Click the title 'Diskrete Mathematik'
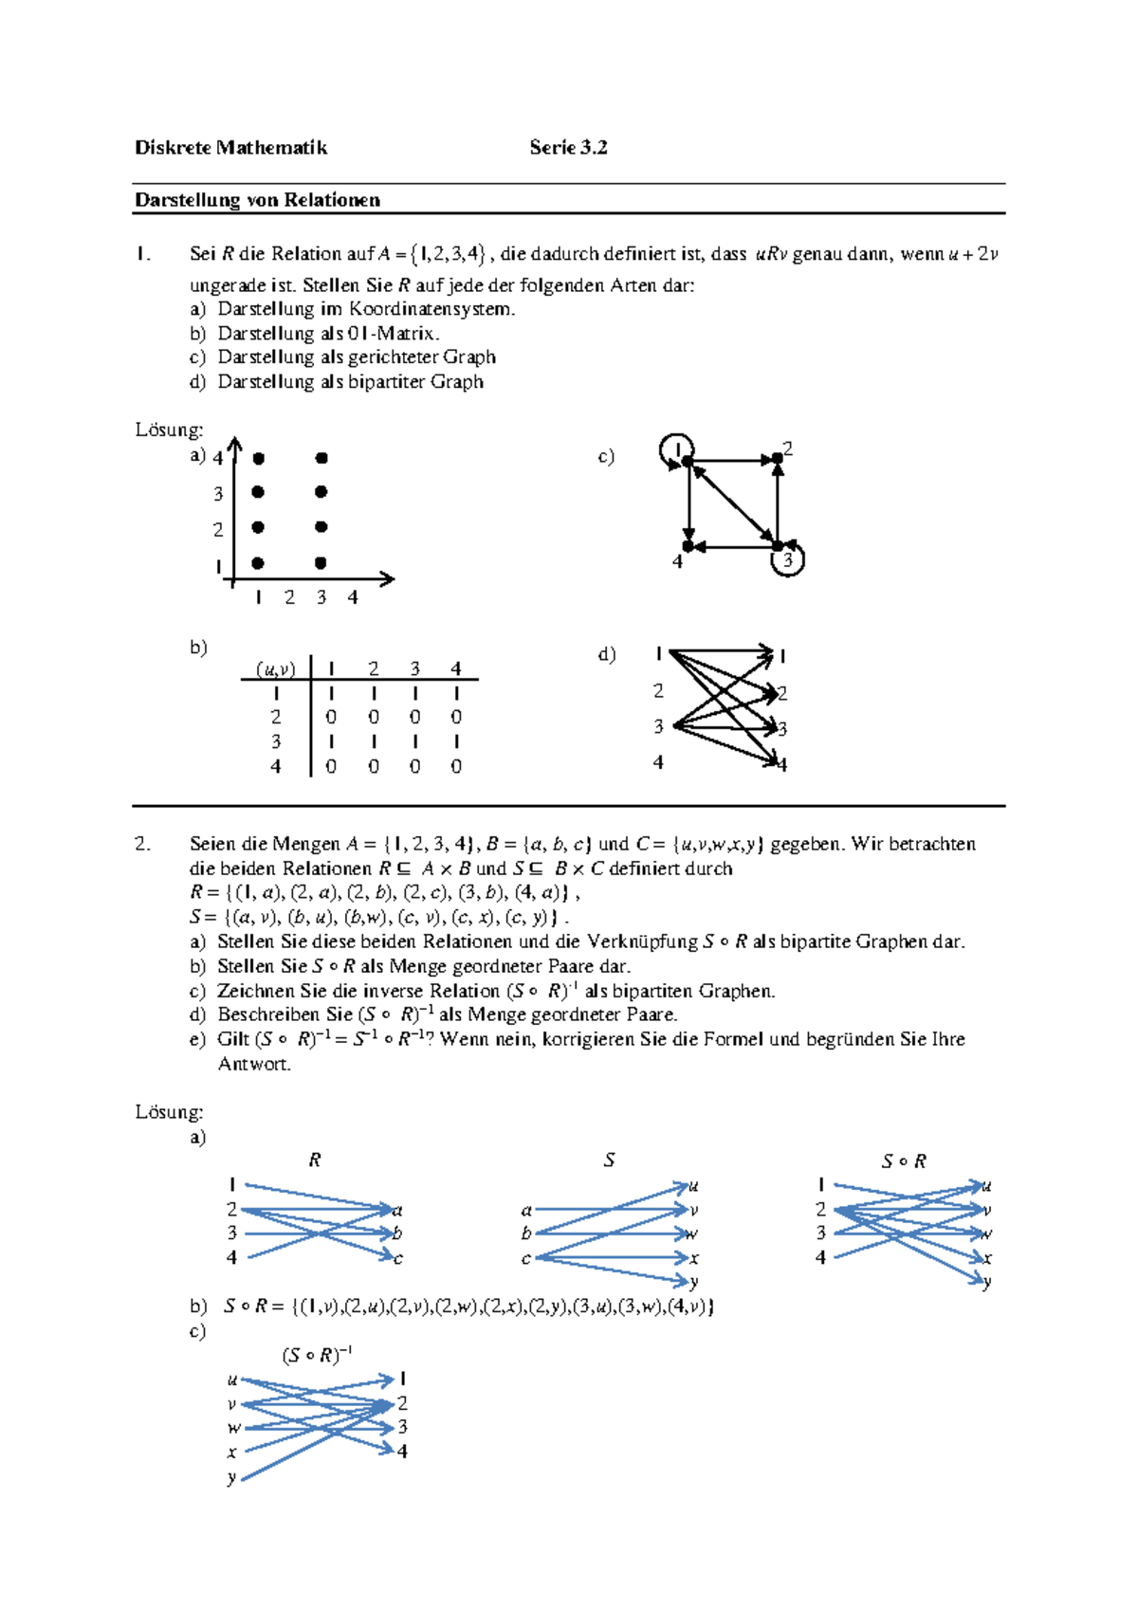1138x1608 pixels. coord(230,147)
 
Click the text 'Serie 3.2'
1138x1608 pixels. coord(568,147)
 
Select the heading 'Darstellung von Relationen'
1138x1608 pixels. coord(257,200)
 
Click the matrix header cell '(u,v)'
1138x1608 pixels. coord(275,669)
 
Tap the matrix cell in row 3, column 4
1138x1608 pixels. coord(456,741)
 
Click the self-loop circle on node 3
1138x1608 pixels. coord(789,560)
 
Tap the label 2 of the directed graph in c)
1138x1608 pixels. coord(787,448)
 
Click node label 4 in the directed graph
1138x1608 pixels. coord(677,562)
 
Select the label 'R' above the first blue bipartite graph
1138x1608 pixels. coord(315,1160)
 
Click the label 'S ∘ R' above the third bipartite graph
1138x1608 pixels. coord(903,1161)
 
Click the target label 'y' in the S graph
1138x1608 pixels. coord(694,1282)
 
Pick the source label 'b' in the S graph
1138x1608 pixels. coord(526,1233)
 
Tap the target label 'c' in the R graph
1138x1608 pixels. coord(398,1258)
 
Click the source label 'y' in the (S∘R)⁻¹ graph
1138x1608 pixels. coord(231,1477)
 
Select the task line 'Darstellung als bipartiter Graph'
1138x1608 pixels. coord(350,382)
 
